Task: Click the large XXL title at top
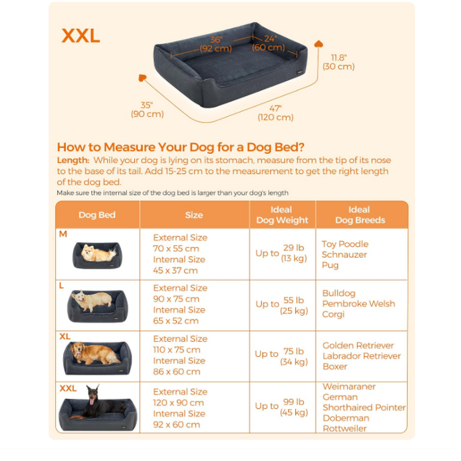click(81, 36)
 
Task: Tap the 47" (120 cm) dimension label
click(276, 113)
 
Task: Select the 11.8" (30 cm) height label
click(339, 62)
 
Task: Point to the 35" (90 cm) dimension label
click(147, 110)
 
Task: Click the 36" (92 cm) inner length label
click(216, 44)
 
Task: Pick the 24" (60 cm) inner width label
click(269, 43)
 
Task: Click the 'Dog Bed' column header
click(97, 215)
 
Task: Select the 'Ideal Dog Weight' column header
click(282, 215)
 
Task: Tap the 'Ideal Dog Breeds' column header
click(360, 215)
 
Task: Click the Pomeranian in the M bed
click(97, 254)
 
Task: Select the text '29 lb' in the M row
click(294, 248)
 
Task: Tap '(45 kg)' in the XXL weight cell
click(294, 412)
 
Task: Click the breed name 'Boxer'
click(335, 367)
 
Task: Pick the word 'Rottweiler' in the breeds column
click(345, 428)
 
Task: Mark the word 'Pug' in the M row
click(330, 265)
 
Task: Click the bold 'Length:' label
click(73, 160)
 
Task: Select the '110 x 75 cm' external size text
click(177, 350)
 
